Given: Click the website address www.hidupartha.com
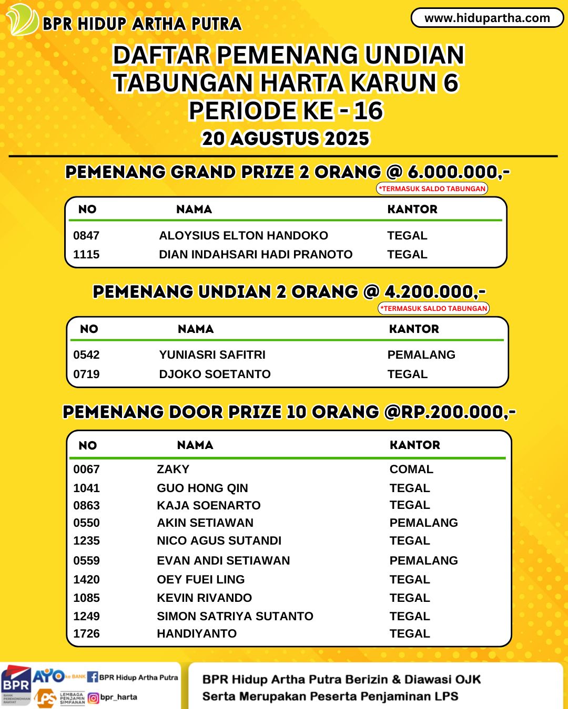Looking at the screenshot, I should [x=487, y=18].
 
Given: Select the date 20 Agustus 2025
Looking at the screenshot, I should [x=286, y=139].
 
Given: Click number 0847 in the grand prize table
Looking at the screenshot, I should [x=86, y=236].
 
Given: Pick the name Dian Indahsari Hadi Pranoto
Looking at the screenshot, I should [x=256, y=255].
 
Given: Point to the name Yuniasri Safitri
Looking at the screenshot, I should [x=212, y=355].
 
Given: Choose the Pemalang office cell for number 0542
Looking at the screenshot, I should [x=421, y=355].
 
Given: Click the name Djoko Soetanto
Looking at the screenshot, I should [x=215, y=374].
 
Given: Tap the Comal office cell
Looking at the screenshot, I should [x=411, y=470].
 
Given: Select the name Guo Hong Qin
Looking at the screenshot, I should [x=202, y=488].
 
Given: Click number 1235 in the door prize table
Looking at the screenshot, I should [x=86, y=541].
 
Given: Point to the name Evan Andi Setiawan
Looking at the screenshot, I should [x=223, y=561].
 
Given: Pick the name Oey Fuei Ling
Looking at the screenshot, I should [x=200, y=580].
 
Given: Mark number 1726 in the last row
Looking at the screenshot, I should [x=86, y=634].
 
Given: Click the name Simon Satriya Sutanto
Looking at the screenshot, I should [x=235, y=617].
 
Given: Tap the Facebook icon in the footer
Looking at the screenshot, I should [x=93, y=677].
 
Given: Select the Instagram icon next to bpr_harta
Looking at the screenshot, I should [x=93, y=697].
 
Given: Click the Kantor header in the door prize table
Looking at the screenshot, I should [x=414, y=445].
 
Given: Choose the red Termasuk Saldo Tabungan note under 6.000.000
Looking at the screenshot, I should [x=432, y=189].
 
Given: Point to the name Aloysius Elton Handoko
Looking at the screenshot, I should [x=244, y=236].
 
